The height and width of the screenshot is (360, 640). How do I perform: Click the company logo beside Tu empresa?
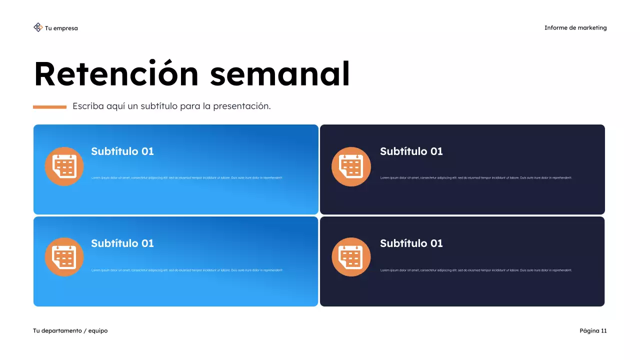click(x=38, y=27)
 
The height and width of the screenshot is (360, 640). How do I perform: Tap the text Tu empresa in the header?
click(x=61, y=28)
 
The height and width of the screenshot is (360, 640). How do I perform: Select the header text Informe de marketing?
click(x=575, y=28)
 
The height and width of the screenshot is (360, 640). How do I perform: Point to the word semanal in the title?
click(x=279, y=74)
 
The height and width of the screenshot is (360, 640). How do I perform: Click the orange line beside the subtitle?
click(x=49, y=107)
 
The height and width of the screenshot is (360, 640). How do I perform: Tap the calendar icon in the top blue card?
click(x=64, y=166)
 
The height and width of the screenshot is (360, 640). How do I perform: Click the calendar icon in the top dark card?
click(x=351, y=166)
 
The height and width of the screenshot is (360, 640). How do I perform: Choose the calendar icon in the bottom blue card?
click(x=64, y=257)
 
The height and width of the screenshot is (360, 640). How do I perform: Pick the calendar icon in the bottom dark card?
click(x=351, y=257)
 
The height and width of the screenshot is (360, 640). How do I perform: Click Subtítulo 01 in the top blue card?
click(x=122, y=151)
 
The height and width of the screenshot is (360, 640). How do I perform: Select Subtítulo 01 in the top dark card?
click(x=411, y=151)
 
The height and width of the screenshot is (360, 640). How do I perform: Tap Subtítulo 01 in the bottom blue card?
click(x=122, y=243)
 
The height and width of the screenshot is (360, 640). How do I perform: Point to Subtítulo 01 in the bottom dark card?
click(x=411, y=243)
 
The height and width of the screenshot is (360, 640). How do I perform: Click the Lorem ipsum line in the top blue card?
click(x=186, y=178)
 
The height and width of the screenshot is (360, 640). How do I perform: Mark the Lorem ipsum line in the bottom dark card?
click(x=475, y=270)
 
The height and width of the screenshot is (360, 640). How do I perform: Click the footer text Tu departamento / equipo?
click(x=70, y=331)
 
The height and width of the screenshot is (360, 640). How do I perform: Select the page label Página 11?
click(x=593, y=331)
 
